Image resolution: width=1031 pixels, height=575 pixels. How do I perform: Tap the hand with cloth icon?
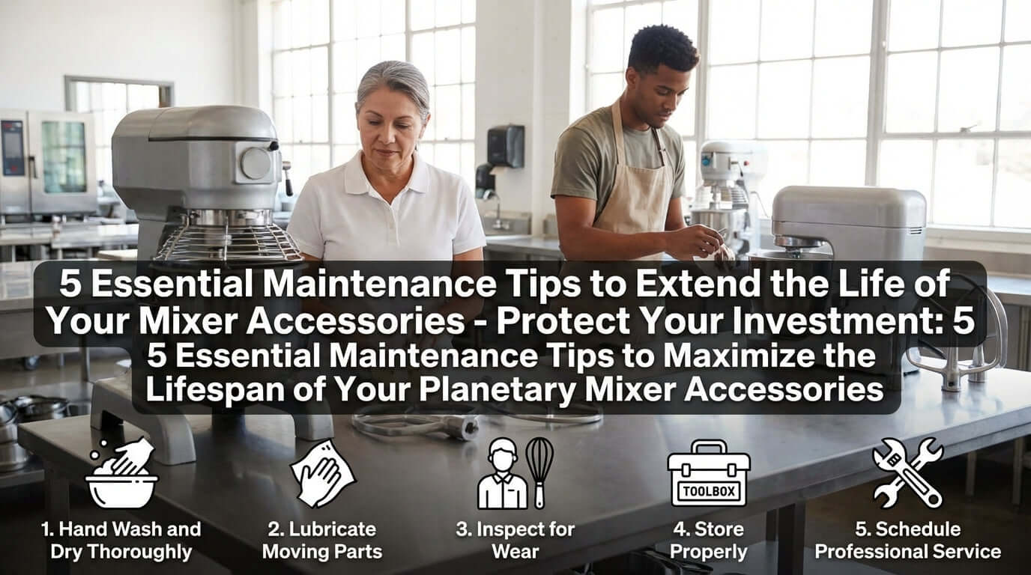pyautogui.click(x=323, y=473)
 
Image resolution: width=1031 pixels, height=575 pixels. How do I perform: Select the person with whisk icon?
pyautogui.click(x=515, y=473)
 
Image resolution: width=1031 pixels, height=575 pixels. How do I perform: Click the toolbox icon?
pyautogui.click(x=708, y=473)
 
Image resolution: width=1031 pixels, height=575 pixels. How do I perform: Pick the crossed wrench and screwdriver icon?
pyautogui.click(x=907, y=473)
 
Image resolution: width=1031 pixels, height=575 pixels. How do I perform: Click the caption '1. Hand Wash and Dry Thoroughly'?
pyautogui.click(x=121, y=541)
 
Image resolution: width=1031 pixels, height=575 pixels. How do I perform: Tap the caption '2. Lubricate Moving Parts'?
pyautogui.click(x=322, y=541)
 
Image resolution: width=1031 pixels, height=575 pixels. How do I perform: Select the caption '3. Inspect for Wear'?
pyautogui.click(x=515, y=541)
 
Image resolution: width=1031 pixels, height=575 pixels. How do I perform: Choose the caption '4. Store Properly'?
pyautogui.click(x=708, y=541)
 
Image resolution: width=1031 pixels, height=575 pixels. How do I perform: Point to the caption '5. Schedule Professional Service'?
pyautogui.click(x=907, y=541)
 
